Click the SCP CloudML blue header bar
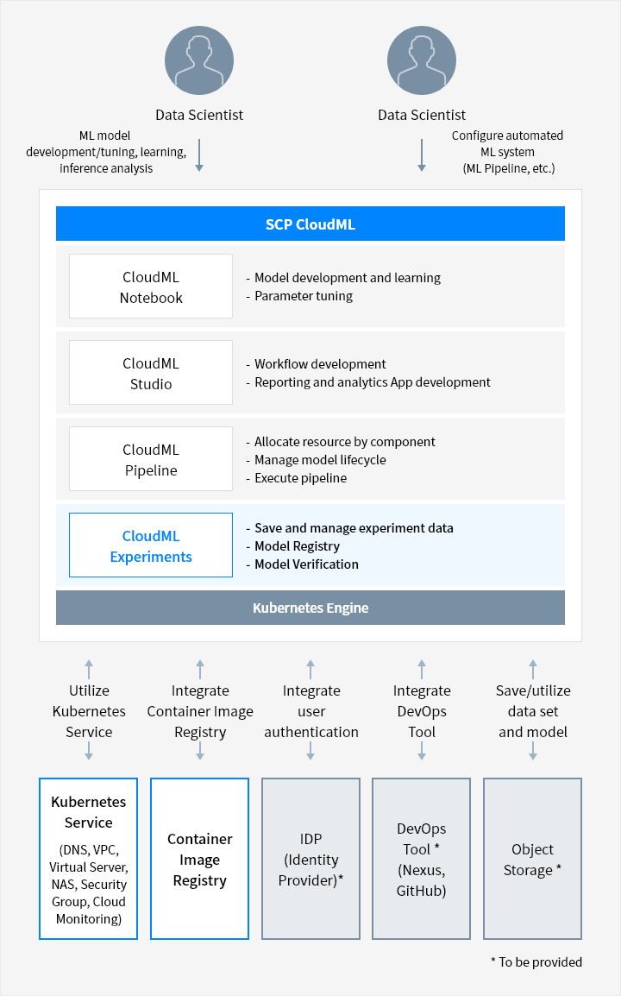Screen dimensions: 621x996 (310, 224)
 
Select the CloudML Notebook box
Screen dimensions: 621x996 (151, 287)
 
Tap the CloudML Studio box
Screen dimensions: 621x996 (151, 373)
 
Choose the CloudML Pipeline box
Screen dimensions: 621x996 (151, 459)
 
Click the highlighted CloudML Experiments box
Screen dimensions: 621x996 (151, 545)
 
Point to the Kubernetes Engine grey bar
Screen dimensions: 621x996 (310, 608)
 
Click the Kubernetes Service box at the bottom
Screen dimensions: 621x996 (89, 859)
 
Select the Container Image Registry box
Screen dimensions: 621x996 (200, 859)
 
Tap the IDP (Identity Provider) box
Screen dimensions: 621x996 (311, 859)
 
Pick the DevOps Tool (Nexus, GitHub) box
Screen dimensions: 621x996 (422, 859)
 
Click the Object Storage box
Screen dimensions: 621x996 (533, 859)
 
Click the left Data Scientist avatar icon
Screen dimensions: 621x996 (199, 60)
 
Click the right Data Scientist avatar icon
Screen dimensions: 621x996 (422, 60)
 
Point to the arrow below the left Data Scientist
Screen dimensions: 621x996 (199, 155)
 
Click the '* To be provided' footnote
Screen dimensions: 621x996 (536, 962)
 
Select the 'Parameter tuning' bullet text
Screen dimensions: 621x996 (304, 296)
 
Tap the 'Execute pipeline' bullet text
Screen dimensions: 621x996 (300, 478)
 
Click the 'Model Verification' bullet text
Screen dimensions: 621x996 (307, 564)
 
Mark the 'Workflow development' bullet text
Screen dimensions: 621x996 (320, 364)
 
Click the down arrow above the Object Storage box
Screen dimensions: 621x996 (533, 752)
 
